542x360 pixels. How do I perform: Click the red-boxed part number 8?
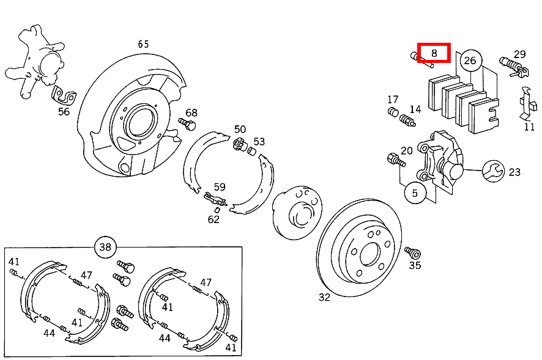tap(434, 53)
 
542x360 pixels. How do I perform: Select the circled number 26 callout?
tap(470, 60)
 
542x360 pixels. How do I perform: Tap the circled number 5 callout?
tap(415, 193)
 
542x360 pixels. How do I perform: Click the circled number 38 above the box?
tap(105, 247)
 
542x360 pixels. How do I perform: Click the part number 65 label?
tap(143, 44)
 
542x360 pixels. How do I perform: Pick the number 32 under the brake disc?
tap(324, 297)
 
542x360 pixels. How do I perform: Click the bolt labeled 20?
tap(395, 160)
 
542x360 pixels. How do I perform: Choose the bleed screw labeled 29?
tap(513, 64)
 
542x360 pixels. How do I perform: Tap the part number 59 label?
tap(220, 187)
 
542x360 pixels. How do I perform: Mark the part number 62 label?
tap(213, 219)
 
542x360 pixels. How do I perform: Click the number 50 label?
tap(240, 129)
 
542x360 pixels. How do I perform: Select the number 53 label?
tap(259, 141)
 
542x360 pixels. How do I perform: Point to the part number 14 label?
tap(415, 109)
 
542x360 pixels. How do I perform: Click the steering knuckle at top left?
tap(37, 58)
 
